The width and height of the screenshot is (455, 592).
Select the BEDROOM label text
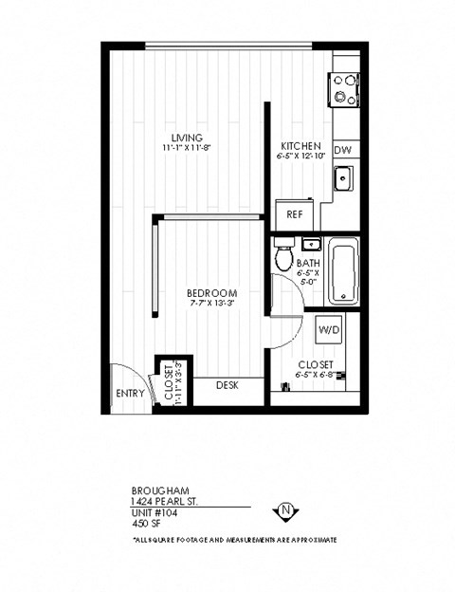211,293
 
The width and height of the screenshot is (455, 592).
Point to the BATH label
308,264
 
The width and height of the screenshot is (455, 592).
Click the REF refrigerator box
295,214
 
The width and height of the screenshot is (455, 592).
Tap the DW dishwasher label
344,150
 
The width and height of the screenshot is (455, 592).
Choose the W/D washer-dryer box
329,330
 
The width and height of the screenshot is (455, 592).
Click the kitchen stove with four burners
344,89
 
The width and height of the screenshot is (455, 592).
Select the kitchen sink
343,178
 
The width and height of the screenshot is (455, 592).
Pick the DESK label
227,385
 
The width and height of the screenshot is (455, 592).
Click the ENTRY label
130,393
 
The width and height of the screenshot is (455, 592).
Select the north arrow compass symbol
285,512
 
